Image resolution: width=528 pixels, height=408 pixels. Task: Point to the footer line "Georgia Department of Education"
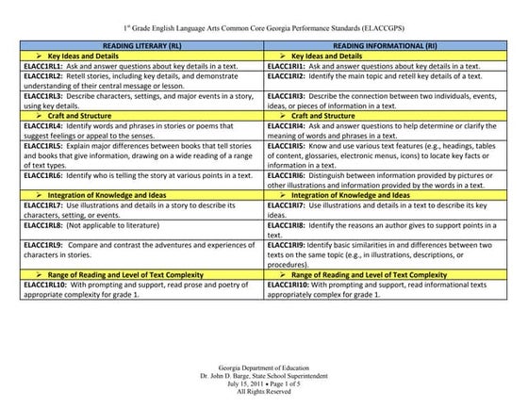(x=263, y=363)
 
